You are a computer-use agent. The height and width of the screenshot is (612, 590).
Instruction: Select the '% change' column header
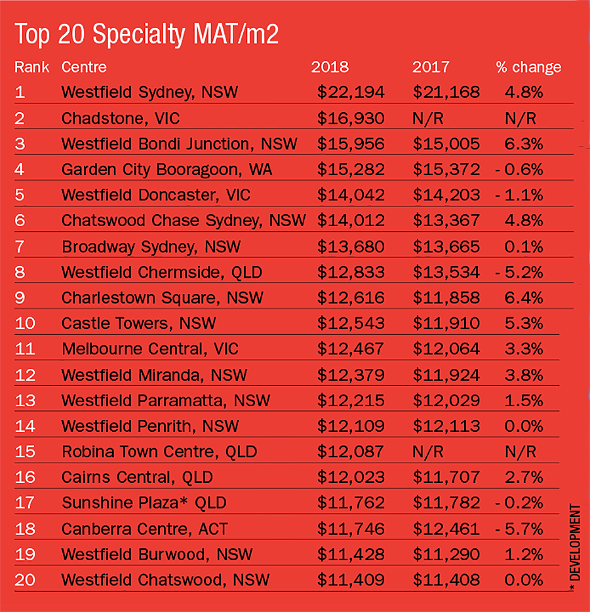(x=528, y=67)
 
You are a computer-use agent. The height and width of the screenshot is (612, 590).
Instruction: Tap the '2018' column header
(x=330, y=67)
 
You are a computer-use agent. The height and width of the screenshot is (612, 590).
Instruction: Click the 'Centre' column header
(x=84, y=67)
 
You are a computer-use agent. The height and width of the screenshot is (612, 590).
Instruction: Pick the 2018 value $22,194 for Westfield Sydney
(x=351, y=92)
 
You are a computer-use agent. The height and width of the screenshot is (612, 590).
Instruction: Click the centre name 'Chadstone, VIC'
(x=121, y=118)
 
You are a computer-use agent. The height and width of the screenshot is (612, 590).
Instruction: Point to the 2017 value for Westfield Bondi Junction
(x=446, y=143)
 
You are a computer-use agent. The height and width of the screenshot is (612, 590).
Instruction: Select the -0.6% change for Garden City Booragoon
(x=520, y=170)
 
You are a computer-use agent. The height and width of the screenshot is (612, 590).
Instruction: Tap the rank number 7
(x=20, y=246)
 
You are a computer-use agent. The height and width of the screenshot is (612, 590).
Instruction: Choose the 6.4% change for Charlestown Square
(x=524, y=298)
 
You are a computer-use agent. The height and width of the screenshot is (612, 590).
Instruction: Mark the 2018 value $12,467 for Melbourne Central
(x=351, y=349)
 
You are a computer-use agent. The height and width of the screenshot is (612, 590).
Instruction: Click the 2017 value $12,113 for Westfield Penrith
(x=446, y=427)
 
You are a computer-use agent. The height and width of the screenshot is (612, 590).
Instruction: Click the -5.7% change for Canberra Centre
(x=520, y=529)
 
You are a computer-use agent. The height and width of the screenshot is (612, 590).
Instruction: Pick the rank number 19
(x=24, y=554)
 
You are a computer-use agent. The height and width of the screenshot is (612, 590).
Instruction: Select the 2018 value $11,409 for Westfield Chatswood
(x=351, y=580)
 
